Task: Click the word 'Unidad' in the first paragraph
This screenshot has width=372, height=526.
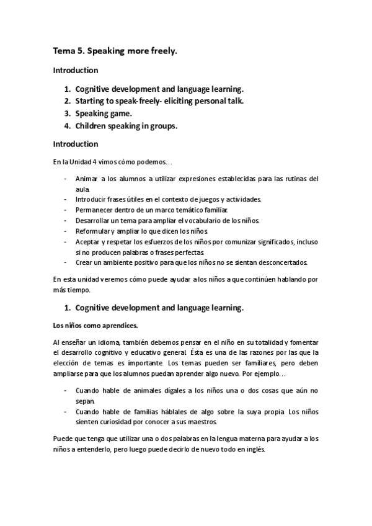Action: click(x=84, y=162)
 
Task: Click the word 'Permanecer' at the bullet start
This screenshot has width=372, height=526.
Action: click(x=94, y=210)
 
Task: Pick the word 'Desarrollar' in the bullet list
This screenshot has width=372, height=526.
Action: click(x=92, y=221)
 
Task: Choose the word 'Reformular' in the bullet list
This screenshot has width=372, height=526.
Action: click(x=93, y=232)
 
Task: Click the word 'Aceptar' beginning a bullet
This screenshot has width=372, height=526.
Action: click(x=87, y=243)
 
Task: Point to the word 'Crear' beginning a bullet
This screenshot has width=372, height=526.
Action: click(x=84, y=263)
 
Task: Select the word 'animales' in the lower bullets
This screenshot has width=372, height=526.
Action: click(x=144, y=390)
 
